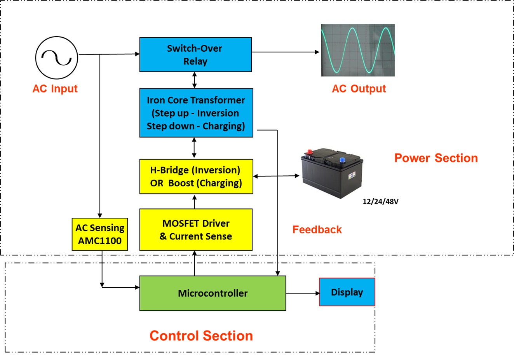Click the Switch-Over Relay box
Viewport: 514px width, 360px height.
coord(195,54)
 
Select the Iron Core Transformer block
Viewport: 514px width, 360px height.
coord(196,113)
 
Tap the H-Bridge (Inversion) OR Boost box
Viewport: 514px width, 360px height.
coord(196,177)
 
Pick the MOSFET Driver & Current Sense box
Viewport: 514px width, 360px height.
coord(196,230)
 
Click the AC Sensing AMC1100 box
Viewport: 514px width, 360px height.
coord(100,234)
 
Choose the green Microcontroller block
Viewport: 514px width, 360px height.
coord(213,293)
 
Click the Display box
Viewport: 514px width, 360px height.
coord(347,292)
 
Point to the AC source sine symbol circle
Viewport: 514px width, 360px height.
coord(57,58)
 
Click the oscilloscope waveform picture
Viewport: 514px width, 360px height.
coord(358,50)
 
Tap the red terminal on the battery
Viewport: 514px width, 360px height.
coord(310,152)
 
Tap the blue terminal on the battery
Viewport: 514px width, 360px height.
coord(342,159)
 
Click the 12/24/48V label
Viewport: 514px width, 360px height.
coord(380,201)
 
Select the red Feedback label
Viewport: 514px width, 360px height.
coord(317,230)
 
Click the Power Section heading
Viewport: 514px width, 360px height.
coord(436,158)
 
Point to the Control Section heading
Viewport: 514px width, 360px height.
coord(201,336)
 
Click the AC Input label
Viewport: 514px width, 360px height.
coord(55,89)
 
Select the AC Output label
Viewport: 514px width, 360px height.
coord(359,89)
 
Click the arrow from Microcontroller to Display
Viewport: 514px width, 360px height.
coord(302,293)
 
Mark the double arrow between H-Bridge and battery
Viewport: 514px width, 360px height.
coord(276,176)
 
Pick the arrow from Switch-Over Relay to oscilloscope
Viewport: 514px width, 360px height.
coord(286,52)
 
